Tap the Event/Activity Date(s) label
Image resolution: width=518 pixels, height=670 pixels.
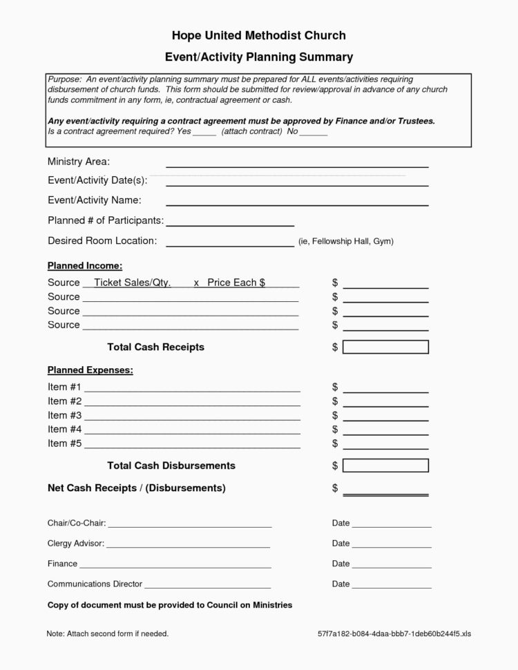tap(97, 180)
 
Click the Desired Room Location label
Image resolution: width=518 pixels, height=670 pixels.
tap(102, 240)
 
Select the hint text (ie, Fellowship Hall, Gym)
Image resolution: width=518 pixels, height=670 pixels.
tap(345, 242)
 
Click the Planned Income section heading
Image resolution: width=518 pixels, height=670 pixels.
tap(85, 265)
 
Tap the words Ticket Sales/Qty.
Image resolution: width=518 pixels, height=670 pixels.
tap(132, 283)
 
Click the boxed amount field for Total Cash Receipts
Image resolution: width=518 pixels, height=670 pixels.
tap(385, 347)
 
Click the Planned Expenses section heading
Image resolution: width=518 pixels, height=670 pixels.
tap(90, 370)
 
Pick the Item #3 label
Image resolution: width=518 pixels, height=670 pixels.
tap(64, 415)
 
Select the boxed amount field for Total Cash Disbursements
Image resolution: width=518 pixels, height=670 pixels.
tap(385, 466)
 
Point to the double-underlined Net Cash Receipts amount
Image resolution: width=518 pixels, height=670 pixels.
tap(385, 492)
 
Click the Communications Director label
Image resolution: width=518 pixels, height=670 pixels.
tap(95, 584)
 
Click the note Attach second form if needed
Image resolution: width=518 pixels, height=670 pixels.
tap(108, 633)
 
